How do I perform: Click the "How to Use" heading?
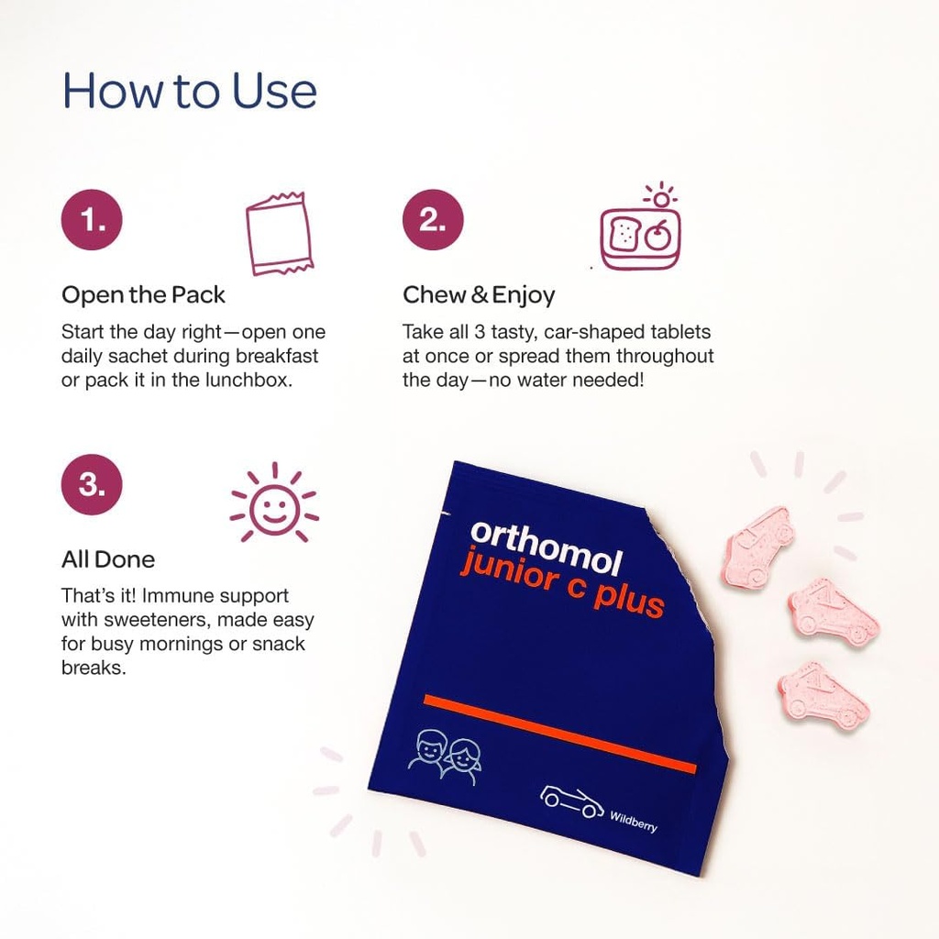tap(189, 91)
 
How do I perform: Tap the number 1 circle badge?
tap(92, 220)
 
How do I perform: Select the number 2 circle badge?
tap(433, 220)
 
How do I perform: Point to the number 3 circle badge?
tap(92, 484)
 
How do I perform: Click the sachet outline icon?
tap(279, 234)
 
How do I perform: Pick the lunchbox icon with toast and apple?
tap(640, 231)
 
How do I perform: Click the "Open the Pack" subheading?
tap(143, 295)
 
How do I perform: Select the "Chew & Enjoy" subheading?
tap(479, 295)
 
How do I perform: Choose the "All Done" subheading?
tap(108, 559)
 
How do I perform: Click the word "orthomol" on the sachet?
tap(546, 548)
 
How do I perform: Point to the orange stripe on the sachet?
tap(559, 734)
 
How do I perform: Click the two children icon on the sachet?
tap(446, 757)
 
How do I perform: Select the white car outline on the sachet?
tap(571, 800)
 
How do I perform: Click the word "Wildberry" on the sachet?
tap(634, 819)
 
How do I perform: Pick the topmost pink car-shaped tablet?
tap(757, 547)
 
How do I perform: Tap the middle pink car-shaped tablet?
tap(833, 612)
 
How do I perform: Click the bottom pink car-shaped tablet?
tap(823, 694)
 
